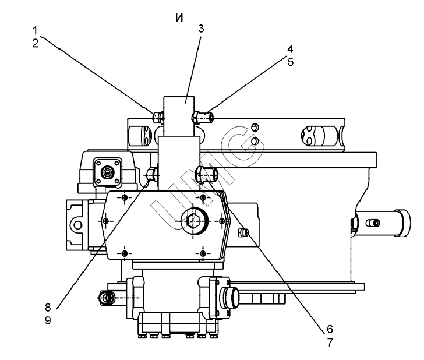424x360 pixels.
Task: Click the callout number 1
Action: pyautogui.click(x=35, y=30)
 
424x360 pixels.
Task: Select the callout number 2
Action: pyautogui.click(x=36, y=43)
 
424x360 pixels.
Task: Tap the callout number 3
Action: pyautogui.click(x=201, y=29)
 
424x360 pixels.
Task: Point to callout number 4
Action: pyautogui.click(x=290, y=49)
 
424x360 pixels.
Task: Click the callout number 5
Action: pyautogui.click(x=290, y=62)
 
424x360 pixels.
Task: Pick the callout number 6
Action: pyautogui.click(x=330, y=329)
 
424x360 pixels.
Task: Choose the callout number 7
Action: pyautogui.click(x=330, y=343)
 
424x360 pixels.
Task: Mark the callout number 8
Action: pyautogui.click(x=48, y=307)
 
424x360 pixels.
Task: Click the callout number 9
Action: pyautogui.click(x=48, y=320)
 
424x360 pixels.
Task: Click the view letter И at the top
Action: pyautogui.click(x=179, y=18)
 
